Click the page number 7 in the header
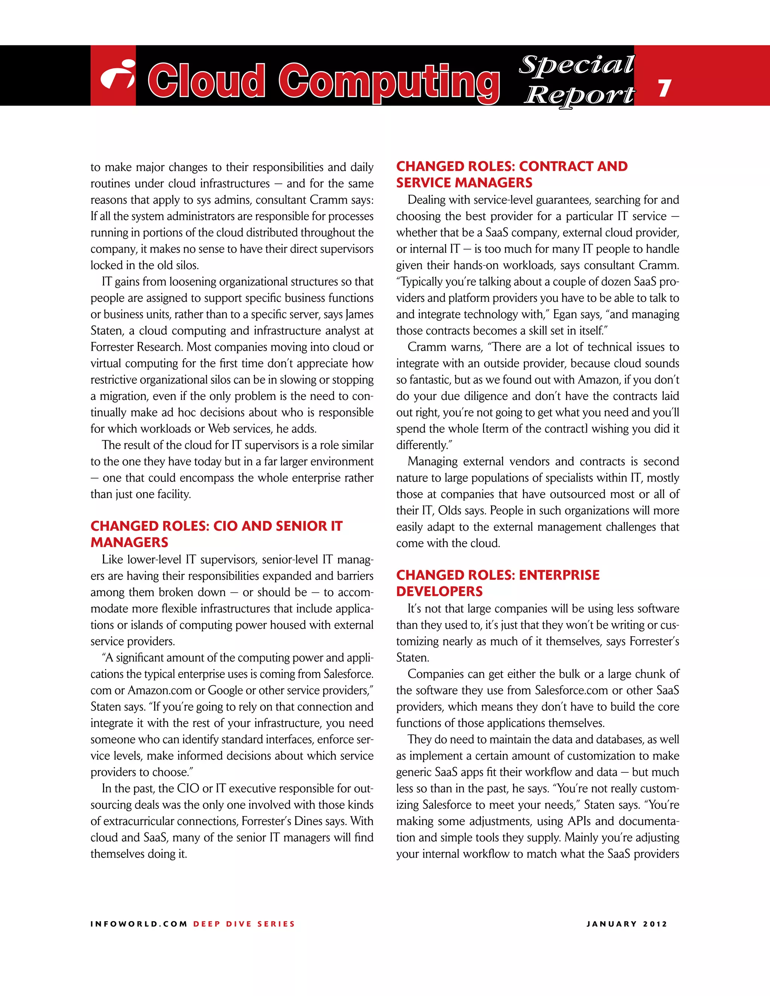tap(664, 88)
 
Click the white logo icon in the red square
tap(117, 75)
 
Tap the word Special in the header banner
tap(577, 64)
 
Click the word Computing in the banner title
tap(389, 81)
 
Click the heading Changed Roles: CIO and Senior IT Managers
tap(216, 534)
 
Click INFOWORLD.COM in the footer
tap(139, 924)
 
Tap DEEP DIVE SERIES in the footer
tap(244, 924)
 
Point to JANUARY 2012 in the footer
tap(626, 924)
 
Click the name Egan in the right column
tap(565, 315)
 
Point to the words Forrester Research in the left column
tap(136, 347)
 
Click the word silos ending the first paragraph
tap(186, 265)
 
